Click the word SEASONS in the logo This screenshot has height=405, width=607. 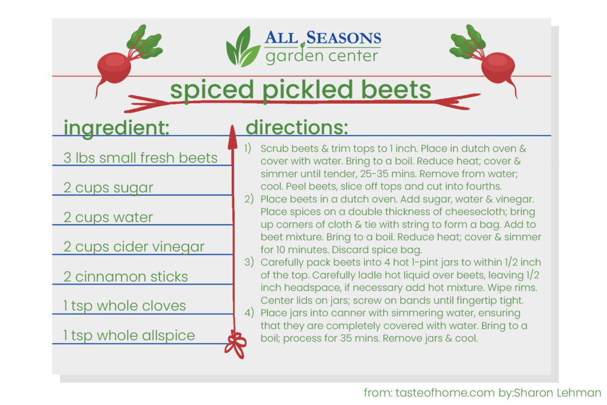[344, 38]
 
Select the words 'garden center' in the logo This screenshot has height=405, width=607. [322, 56]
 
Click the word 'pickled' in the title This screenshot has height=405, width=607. [308, 90]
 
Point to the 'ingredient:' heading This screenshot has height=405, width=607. [117, 127]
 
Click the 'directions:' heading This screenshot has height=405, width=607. [297, 127]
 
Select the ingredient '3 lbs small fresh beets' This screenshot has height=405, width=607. [140, 158]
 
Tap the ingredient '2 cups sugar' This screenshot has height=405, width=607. [108, 188]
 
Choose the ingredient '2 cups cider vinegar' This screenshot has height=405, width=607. [134, 247]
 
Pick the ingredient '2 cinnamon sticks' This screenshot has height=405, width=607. [126, 276]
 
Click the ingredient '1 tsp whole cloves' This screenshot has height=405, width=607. [124, 306]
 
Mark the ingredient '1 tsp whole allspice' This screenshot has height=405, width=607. [129, 336]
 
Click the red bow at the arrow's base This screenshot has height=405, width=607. [235, 344]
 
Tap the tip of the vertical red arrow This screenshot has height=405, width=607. [232, 125]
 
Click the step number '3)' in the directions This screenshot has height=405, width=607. [249, 263]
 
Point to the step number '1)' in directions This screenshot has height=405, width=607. [248, 149]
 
